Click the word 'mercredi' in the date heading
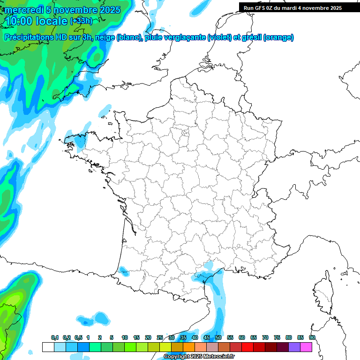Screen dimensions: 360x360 click(23, 10)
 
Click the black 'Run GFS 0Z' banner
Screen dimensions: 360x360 click(292, 7)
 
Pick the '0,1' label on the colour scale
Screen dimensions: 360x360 click(54, 337)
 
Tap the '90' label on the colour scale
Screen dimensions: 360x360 click(312, 337)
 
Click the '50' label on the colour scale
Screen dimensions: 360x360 click(218, 337)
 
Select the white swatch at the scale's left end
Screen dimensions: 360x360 click(48, 347)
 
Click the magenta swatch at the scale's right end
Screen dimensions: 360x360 click(306, 347)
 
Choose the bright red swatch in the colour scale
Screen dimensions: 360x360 click(247, 347)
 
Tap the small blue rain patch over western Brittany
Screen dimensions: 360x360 click(81, 140)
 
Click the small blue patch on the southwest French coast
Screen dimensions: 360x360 click(124, 270)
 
